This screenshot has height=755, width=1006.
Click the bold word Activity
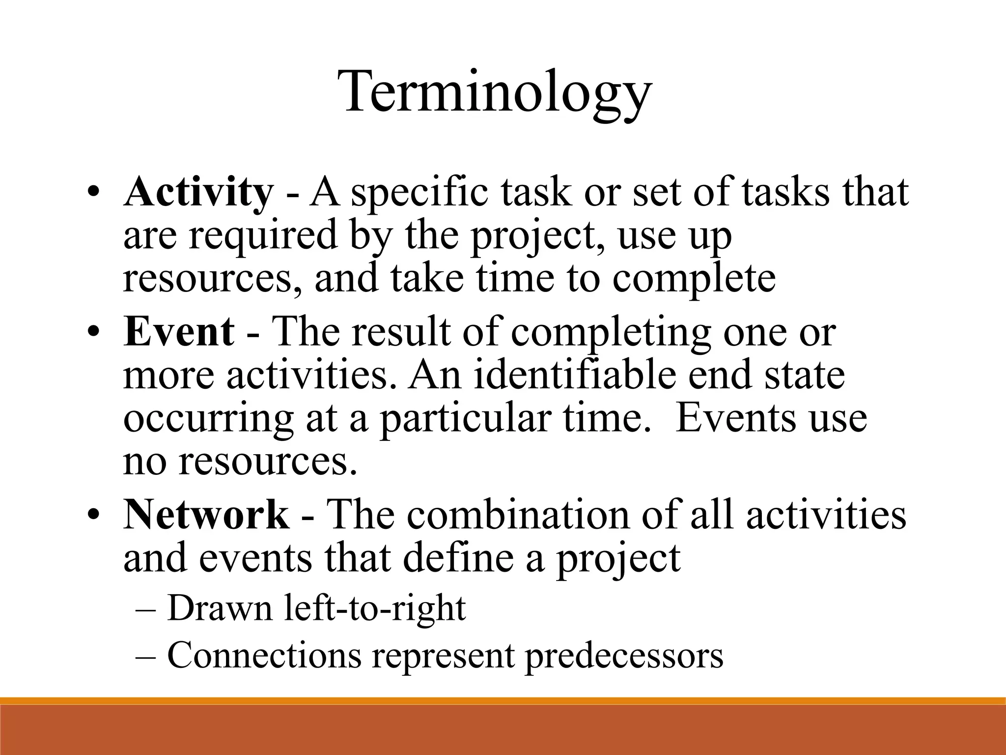197,193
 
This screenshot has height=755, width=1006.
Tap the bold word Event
179,332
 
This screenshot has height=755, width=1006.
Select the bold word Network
206,515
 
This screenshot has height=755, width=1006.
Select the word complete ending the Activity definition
694,278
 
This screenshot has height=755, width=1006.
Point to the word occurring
208,419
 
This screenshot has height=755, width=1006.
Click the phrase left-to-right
375,608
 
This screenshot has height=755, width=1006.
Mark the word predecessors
624,655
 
